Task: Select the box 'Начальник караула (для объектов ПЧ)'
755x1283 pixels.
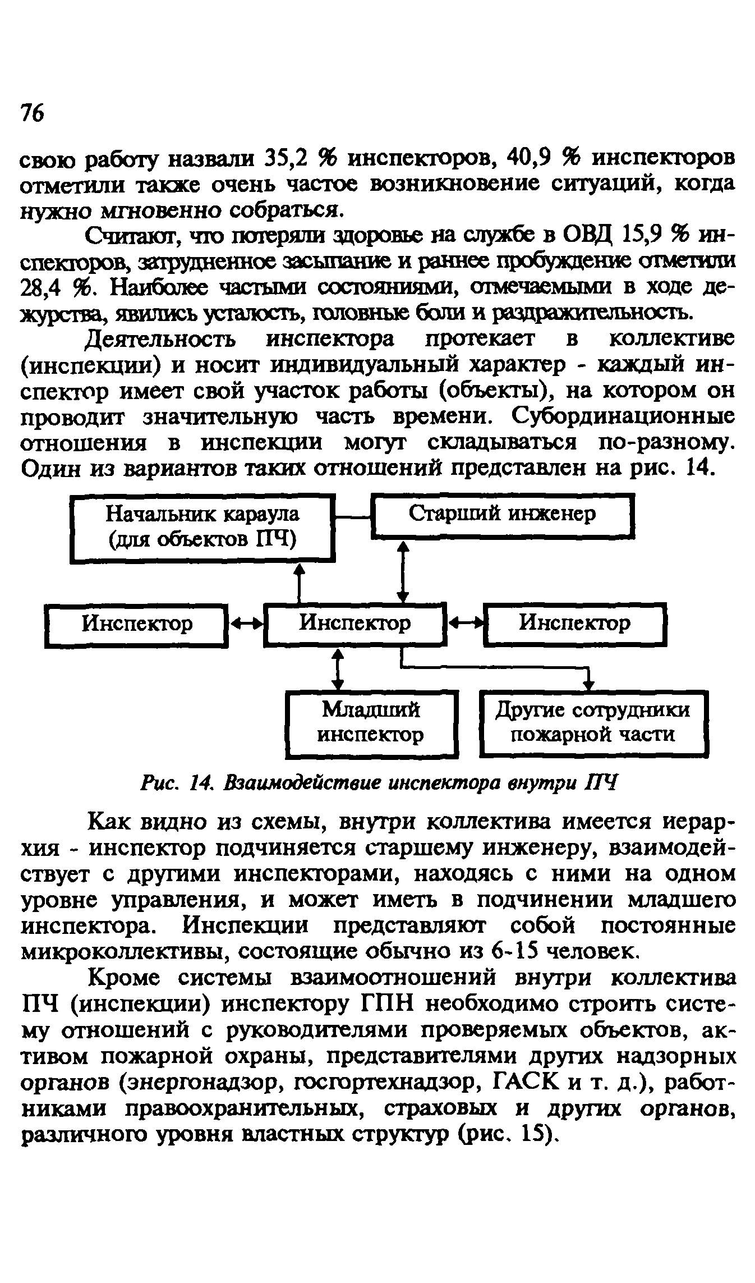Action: pos(202,527)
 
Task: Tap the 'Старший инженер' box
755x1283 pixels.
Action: pos(503,515)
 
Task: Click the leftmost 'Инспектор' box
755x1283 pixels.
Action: pos(136,624)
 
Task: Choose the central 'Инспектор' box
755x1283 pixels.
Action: pos(355,623)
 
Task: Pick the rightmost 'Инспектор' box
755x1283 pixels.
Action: pos(574,623)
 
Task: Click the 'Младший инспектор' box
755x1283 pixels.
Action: pos(371,723)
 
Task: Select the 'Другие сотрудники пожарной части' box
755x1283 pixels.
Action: pos(593,723)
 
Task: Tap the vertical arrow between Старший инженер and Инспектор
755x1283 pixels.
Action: pos(403,570)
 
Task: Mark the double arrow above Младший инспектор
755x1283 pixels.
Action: pos(337,669)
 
